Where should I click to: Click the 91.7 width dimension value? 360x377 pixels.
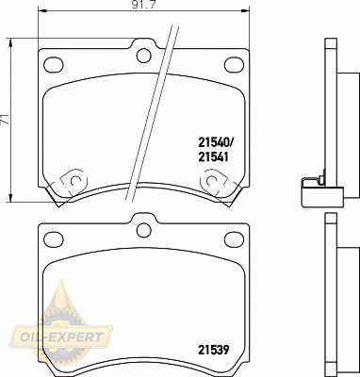click(139, 5)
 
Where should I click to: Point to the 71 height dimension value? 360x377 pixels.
click(5, 120)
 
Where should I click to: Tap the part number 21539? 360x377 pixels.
click(214, 350)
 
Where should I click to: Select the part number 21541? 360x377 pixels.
click(213, 156)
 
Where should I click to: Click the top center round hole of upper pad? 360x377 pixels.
click(144, 56)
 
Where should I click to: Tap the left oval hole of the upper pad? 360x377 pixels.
click(54, 64)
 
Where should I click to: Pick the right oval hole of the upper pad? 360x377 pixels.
click(235, 64)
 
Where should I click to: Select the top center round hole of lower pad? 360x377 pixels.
click(144, 230)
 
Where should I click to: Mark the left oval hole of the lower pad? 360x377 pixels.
click(54, 239)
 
